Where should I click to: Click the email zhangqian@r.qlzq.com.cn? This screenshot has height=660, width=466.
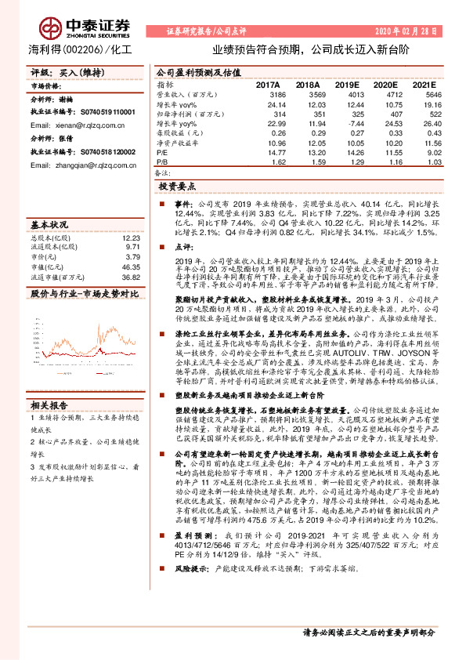point(92,165)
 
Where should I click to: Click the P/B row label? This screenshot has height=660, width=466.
point(164,162)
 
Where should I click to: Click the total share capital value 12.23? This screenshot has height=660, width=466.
point(132,237)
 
